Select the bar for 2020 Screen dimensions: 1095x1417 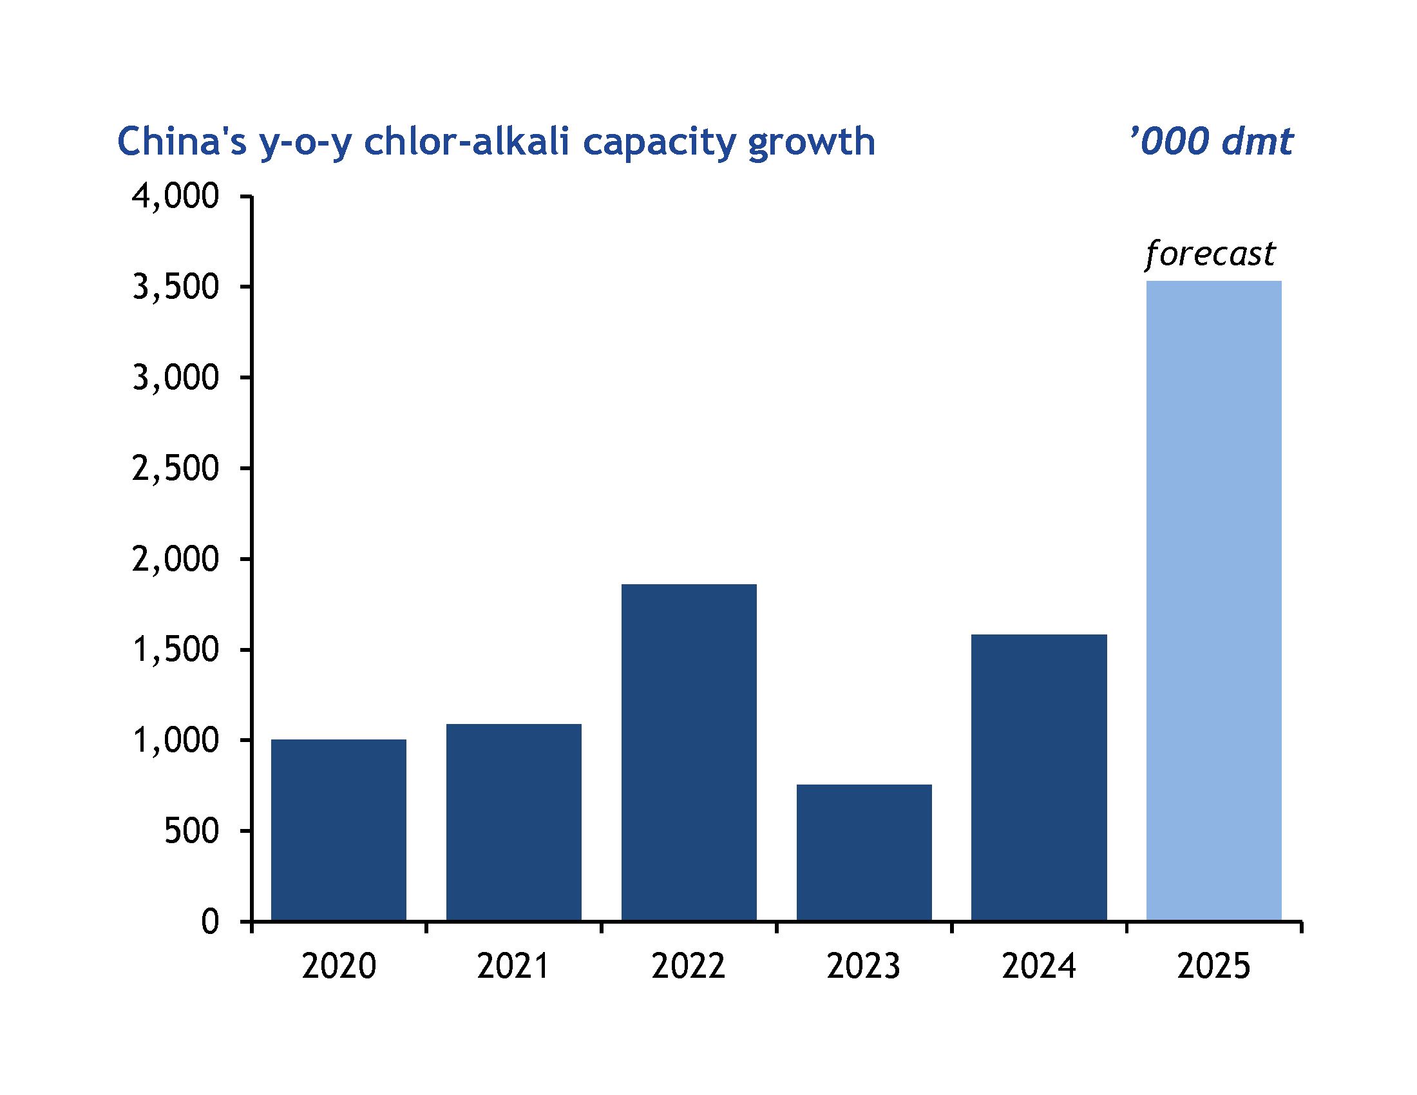(x=338, y=830)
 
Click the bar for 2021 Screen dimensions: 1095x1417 (x=513, y=822)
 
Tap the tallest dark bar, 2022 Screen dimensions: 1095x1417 (x=689, y=752)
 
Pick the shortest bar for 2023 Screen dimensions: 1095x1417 (x=864, y=852)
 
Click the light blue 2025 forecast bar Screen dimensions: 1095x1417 (x=1213, y=601)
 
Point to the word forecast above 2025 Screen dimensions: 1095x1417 (x=1210, y=254)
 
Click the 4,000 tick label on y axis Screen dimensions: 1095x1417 (x=176, y=196)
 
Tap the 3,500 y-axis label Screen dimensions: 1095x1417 (x=176, y=287)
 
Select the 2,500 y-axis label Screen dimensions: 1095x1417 (x=176, y=468)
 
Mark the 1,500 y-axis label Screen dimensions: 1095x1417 (x=176, y=649)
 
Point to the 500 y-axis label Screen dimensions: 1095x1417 (x=192, y=831)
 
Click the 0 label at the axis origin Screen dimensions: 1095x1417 (x=210, y=922)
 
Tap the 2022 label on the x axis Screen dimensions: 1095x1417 (x=689, y=966)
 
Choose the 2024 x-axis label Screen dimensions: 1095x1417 (x=1039, y=966)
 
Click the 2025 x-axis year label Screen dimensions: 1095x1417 (x=1213, y=966)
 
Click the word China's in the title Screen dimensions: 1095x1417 (x=182, y=142)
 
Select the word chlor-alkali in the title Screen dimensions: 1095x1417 (x=466, y=142)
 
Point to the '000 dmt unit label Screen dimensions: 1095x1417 (x=1211, y=142)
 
